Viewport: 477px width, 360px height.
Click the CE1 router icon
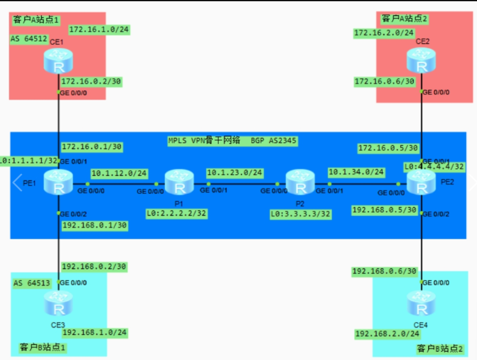coord(59,63)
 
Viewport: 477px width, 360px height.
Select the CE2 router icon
coord(421,63)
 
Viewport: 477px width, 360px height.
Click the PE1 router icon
coord(59,184)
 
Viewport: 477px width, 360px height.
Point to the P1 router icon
coord(178,184)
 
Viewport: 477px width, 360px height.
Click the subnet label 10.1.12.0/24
coord(120,173)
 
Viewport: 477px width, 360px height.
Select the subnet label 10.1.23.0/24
coord(234,173)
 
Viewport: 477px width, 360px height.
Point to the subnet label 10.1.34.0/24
coord(356,172)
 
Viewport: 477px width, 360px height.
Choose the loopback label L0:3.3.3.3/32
coord(300,214)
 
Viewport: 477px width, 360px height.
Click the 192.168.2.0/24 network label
coord(386,334)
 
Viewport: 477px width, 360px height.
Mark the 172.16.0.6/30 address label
coord(384,81)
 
